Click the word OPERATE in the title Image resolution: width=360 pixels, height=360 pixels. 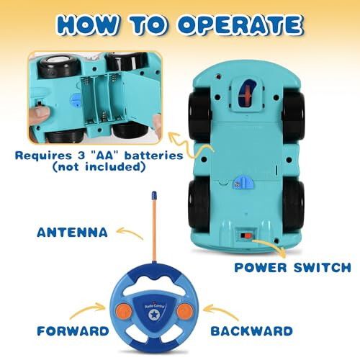click(x=240, y=25)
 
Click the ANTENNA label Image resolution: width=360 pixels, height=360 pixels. click(x=72, y=233)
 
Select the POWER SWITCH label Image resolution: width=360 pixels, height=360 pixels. click(x=292, y=268)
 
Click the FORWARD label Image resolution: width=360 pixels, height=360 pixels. click(x=73, y=331)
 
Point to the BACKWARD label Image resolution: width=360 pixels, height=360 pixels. click(x=251, y=331)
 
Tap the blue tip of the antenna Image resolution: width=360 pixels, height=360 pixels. click(x=154, y=195)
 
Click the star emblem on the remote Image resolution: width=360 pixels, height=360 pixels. click(x=153, y=315)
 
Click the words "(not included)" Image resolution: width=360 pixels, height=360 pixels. click(x=99, y=167)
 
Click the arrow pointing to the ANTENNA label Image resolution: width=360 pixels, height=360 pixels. click(x=130, y=233)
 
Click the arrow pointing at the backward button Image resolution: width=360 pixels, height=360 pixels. click(x=221, y=311)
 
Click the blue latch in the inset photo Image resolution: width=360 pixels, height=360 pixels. click(x=75, y=102)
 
